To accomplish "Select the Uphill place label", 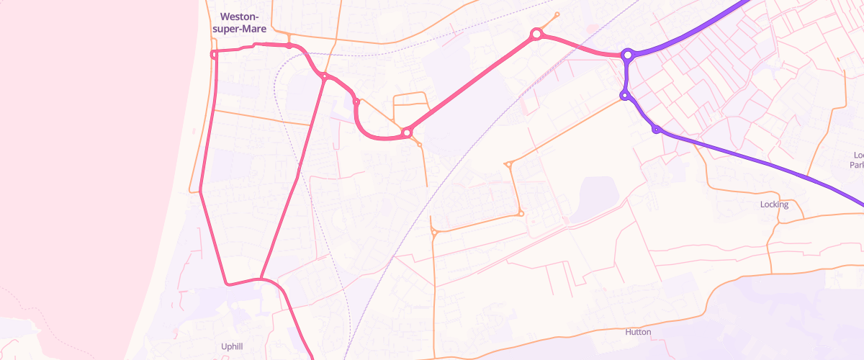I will pyautogui.click(x=231, y=346).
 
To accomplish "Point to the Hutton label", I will pyautogui.click(x=638, y=332).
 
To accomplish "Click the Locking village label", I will pyautogui.click(x=774, y=204).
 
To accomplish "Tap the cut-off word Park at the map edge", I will pyautogui.click(x=856, y=165).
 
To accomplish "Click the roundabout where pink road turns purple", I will pyautogui.click(x=628, y=55).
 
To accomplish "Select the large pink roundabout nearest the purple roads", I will pyautogui.click(x=536, y=34).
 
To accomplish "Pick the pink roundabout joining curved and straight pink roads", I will pyautogui.click(x=407, y=132).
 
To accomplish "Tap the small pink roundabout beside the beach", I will pyautogui.click(x=214, y=54).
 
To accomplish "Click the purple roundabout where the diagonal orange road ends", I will pyautogui.click(x=625, y=95).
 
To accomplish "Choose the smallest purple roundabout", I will pyautogui.click(x=657, y=130).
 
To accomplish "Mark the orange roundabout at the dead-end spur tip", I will pyautogui.click(x=557, y=14).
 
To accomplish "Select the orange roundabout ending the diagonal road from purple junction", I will pyautogui.click(x=508, y=164).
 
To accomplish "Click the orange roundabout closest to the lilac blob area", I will pyautogui.click(x=521, y=213).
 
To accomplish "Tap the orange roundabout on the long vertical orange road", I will pyautogui.click(x=434, y=232).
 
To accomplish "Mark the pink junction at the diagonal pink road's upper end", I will pyautogui.click(x=325, y=76).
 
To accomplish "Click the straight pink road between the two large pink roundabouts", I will pyautogui.click(x=472, y=83).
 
